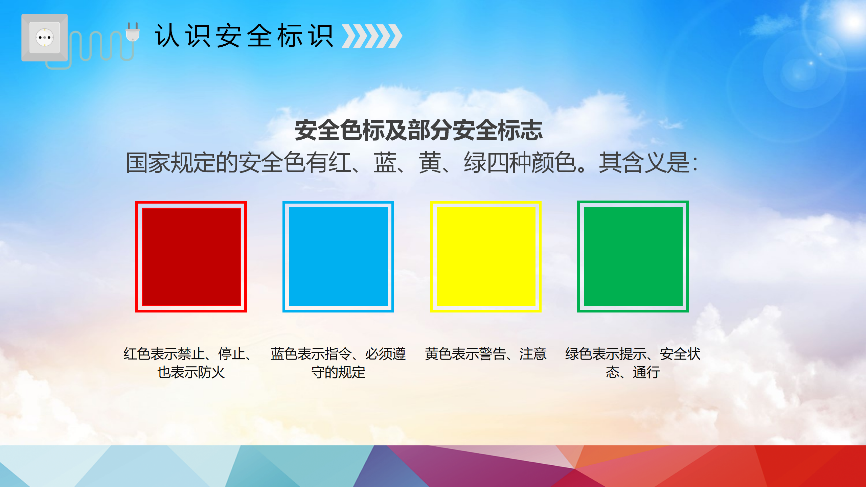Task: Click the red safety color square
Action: [x=191, y=257]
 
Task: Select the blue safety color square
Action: [x=338, y=257]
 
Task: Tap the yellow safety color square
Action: [x=486, y=257]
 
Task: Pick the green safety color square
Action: [x=633, y=257]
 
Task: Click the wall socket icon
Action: [x=44, y=38]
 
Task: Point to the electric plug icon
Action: [x=133, y=32]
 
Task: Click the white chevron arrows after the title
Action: [x=372, y=36]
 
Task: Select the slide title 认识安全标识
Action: [x=244, y=36]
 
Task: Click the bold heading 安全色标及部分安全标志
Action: [x=419, y=130]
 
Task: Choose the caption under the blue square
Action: [x=338, y=363]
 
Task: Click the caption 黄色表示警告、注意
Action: [x=486, y=354]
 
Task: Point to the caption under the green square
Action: [x=633, y=363]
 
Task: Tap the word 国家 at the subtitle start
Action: [x=148, y=163]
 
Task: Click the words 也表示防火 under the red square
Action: [x=191, y=372]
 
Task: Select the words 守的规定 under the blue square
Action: [x=338, y=372]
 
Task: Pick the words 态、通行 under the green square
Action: [x=633, y=372]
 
